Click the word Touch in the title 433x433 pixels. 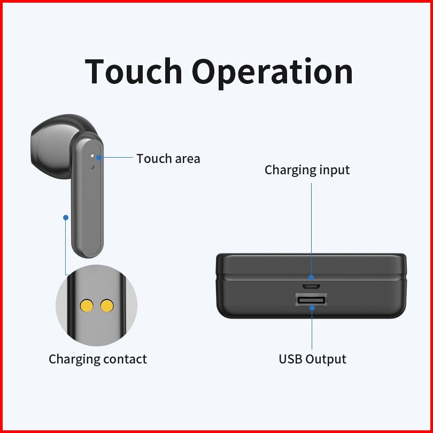click(x=134, y=71)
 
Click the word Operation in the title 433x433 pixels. click(x=272, y=73)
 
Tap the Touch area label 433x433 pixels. click(x=168, y=159)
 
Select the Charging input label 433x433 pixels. click(x=307, y=170)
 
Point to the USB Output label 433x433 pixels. click(x=312, y=359)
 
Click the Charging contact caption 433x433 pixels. click(x=98, y=359)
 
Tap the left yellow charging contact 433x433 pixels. click(x=87, y=306)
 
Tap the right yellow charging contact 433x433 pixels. click(x=107, y=306)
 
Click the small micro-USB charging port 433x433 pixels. click(x=311, y=287)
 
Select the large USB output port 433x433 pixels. click(x=312, y=300)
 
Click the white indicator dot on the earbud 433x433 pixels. click(x=92, y=156)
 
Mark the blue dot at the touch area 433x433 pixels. click(x=99, y=158)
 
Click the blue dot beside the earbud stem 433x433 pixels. click(x=66, y=218)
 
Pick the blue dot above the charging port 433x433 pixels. click(x=311, y=277)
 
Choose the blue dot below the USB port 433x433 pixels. click(x=312, y=308)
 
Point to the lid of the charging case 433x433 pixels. click(x=311, y=265)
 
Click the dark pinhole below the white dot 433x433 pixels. click(x=92, y=167)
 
